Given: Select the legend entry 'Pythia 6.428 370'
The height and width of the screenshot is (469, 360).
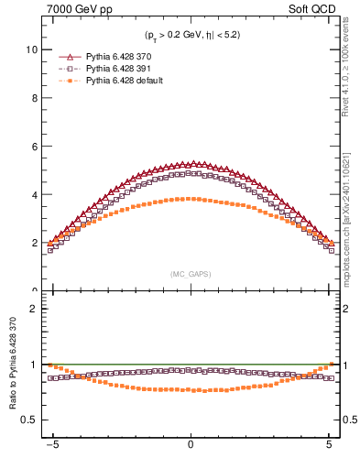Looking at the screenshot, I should coord(119,56).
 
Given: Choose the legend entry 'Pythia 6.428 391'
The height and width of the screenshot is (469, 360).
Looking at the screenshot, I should coord(119,69).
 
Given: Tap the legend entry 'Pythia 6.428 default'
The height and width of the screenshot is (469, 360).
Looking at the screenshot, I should coord(125,82).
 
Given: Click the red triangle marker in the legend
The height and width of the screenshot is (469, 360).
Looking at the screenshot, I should coord(70,56).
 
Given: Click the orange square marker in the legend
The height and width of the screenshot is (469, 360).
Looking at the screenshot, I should coord(70,82).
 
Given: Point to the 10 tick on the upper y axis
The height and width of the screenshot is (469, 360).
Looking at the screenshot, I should coord(33,49).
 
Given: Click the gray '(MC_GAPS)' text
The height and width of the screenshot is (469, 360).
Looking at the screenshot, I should coord(190,274).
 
